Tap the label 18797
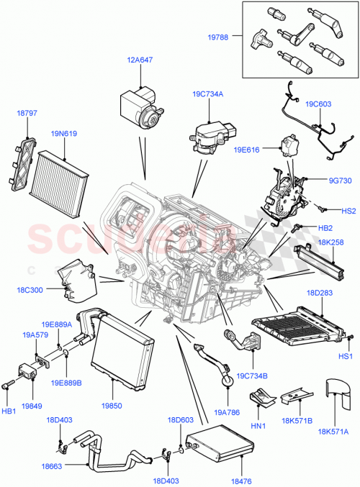pyautogui.click(x=26, y=114)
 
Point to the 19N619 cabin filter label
pyautogui.click(x=64, y=133)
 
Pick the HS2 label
pyautogui.click(x=348, y=211)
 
